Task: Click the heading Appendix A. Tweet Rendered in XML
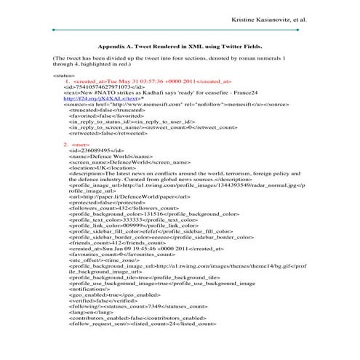click(180, 45)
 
